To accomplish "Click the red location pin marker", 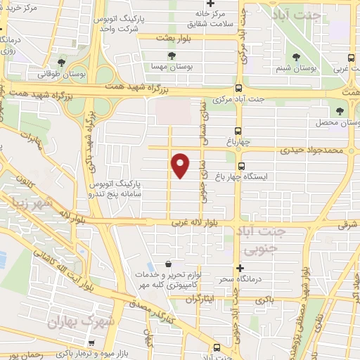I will pyautogui.click(x=181, y=165).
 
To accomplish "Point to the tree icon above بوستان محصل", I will pyautogui.click(x=340, y=111).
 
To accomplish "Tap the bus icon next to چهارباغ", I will pyautogui.click(x=238, y=131).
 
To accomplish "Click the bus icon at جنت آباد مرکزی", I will pyautogui.click(x=239, y=89).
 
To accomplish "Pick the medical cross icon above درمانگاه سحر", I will pyautogui.click(x=240, y=268).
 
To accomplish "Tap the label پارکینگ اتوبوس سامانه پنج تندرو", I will pyautogui.click(x=116, y=187).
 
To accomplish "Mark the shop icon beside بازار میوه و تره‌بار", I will pyautogui.click(x=214, y=347).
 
